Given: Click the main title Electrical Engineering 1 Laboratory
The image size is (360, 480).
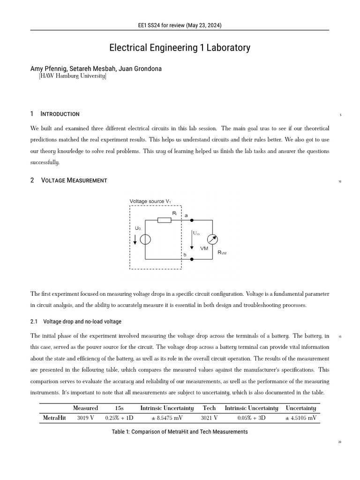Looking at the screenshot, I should click(180, 48).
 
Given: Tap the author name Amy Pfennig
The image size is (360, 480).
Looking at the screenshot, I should click(49, 69).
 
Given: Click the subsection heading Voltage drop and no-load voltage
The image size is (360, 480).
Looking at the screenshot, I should click(82, 322).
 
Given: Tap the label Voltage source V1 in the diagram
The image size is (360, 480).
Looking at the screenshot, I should click(150, 202).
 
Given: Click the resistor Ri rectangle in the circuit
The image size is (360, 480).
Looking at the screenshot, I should click(164, 220).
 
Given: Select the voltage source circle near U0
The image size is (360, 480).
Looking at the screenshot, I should click(145, 240).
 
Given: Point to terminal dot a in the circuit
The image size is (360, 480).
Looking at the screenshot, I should click(191, 220).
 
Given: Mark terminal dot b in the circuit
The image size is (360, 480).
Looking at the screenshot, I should click(191, 259).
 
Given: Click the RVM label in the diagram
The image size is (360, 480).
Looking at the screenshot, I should click(222, 252).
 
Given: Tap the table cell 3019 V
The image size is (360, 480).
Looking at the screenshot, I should click(85, 417).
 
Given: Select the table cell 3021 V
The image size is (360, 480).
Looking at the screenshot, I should click(209, 417).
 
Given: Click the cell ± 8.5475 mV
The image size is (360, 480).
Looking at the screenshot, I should click(167, 417).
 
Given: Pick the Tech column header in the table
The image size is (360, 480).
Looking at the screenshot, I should click(209, 408).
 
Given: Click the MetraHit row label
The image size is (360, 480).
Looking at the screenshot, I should click(54, 417).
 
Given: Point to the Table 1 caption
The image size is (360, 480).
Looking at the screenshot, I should click(180, 432).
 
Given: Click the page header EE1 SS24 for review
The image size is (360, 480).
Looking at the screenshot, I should click(180, 25).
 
